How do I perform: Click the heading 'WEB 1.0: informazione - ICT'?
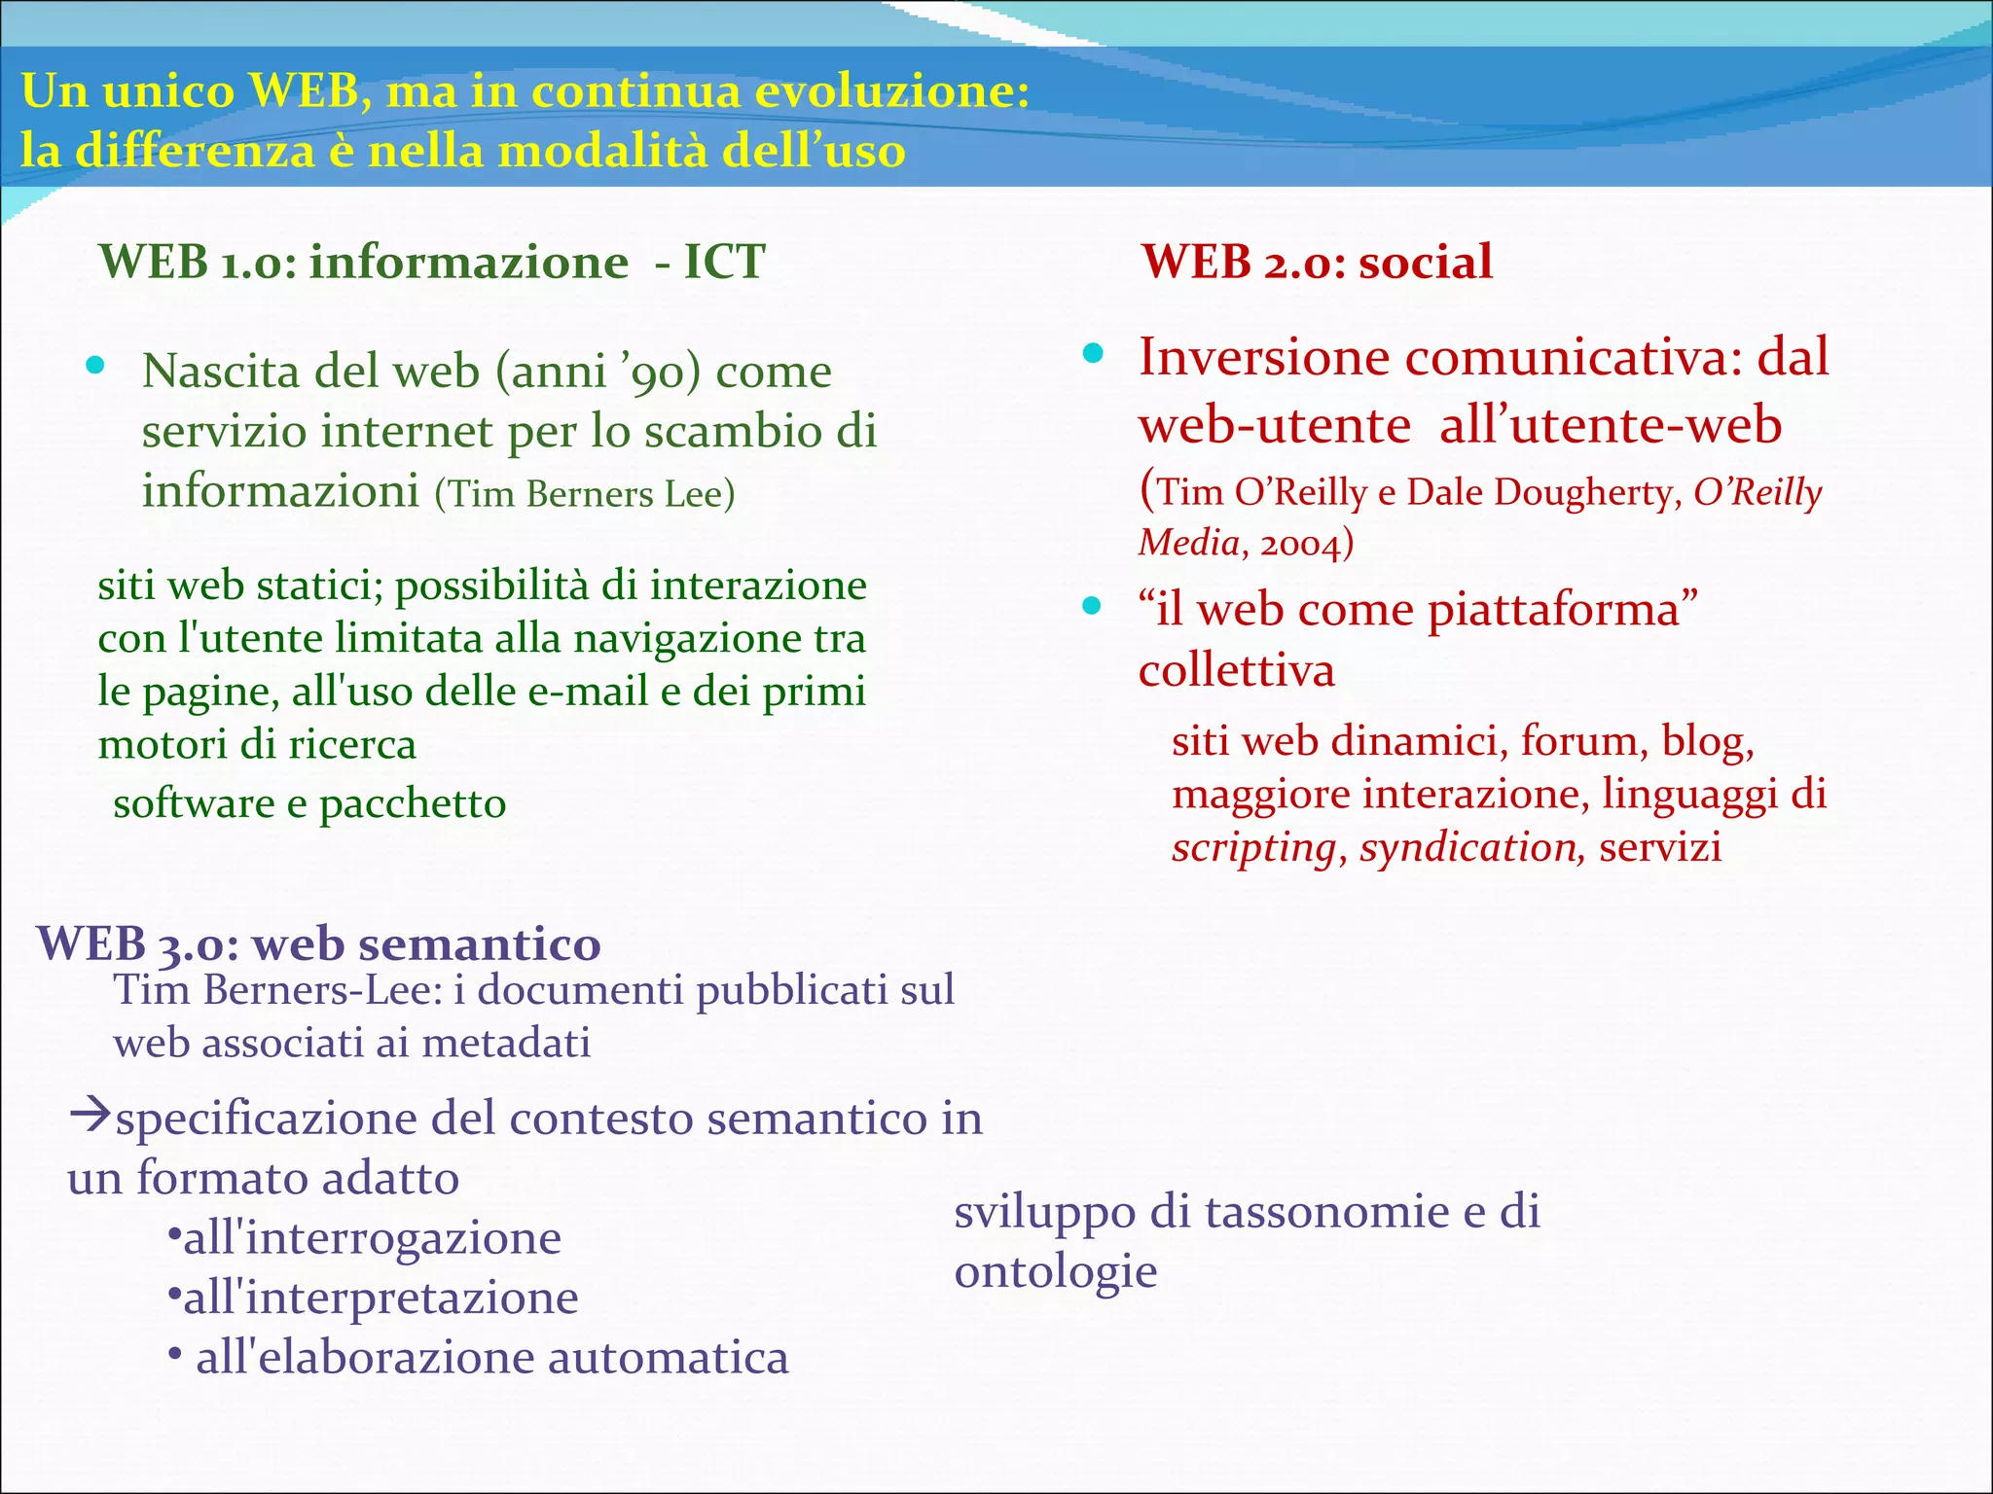(432, 262)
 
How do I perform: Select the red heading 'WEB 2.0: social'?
(1317, 262)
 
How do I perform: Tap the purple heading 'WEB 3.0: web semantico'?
(318, 943)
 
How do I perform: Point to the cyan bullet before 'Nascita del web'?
(94, 367)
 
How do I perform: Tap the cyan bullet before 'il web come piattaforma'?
(1093, 607)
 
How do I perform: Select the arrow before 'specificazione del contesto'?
(91, 1115)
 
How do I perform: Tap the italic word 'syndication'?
(1468, 847)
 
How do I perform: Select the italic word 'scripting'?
(1253, 848)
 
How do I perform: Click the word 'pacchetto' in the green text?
(413, 804)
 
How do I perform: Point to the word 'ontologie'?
(1055, 1271)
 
